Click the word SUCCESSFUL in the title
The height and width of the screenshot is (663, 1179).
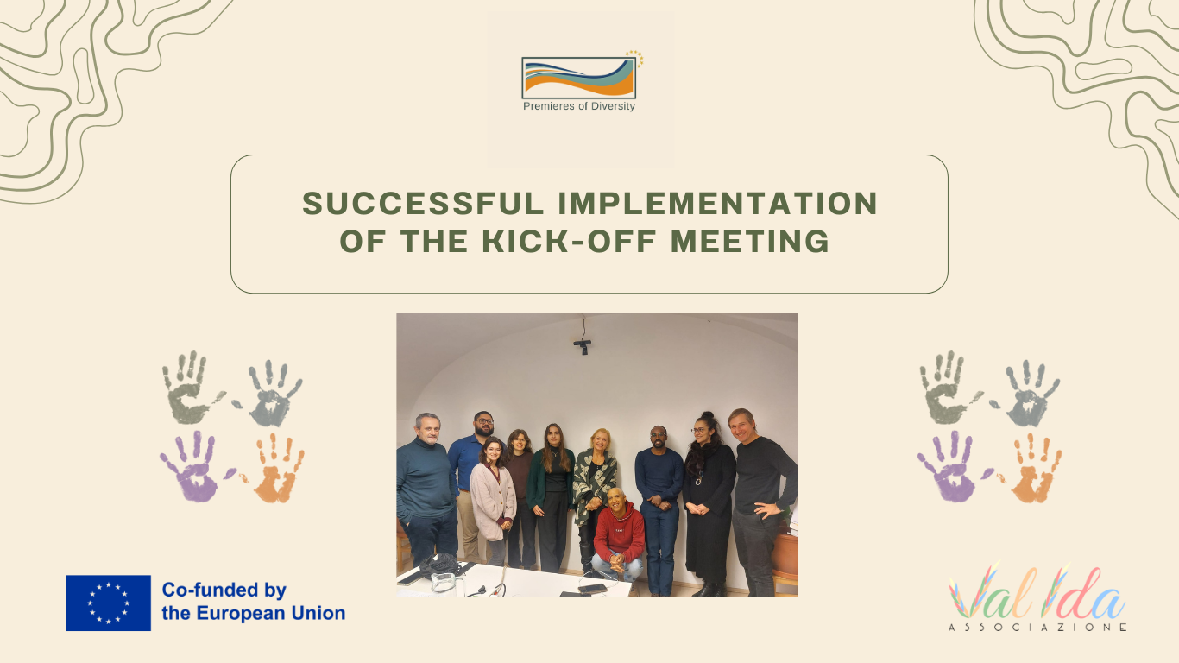tap(423, 203)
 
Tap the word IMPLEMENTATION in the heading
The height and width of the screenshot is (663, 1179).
tap(718, 203)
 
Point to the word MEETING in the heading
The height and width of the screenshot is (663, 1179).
tap(750, 241)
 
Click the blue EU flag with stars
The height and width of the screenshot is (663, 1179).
tap(109, 603)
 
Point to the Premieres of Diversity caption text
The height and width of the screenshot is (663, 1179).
tap(579, 106)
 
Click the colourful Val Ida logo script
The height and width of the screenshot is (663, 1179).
tap(1037, 592)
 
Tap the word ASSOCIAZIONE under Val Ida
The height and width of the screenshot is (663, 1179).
tap(1037, 628)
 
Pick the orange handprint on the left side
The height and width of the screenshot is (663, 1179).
tap(274, 468)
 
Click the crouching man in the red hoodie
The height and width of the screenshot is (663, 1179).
tap(619, 534)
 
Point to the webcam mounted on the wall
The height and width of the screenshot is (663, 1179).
tap(583, 345)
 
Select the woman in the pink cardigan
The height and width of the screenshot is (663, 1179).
tap(493, 501)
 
